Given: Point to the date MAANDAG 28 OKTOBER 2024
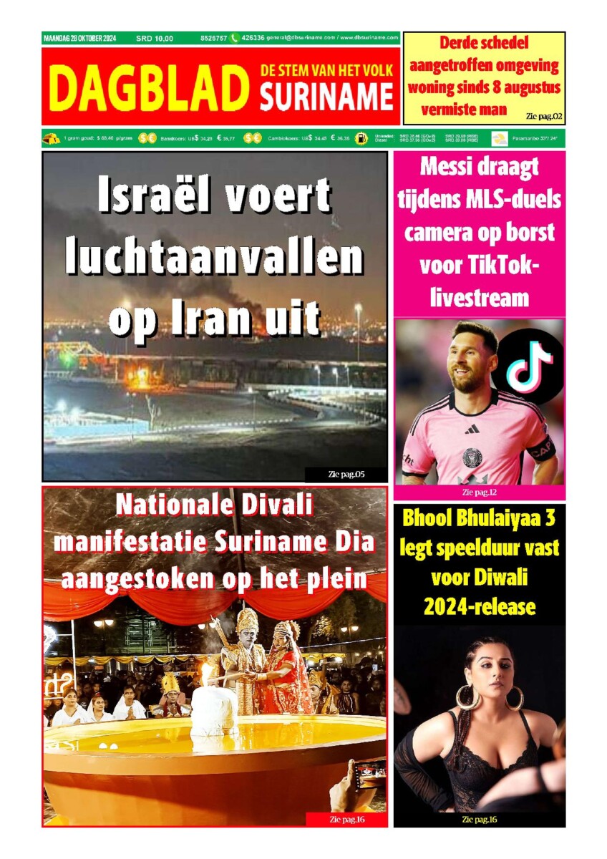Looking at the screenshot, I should pos(79,38).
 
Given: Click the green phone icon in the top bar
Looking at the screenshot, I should pos(234,38).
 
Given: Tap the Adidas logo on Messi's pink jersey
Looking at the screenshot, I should pos(472,429).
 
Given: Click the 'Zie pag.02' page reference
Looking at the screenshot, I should pos(543,115).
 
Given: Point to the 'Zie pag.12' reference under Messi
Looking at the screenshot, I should pos(479,492).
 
